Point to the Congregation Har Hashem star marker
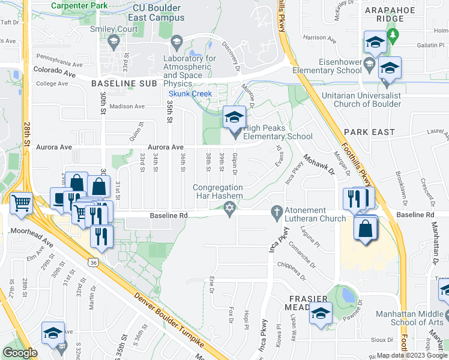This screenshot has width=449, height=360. [x=228, y=209]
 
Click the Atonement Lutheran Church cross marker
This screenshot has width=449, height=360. [x=277, y=211]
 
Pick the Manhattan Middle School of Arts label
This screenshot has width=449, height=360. [x=412, y=319]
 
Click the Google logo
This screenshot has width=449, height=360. [x=20, y=353]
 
